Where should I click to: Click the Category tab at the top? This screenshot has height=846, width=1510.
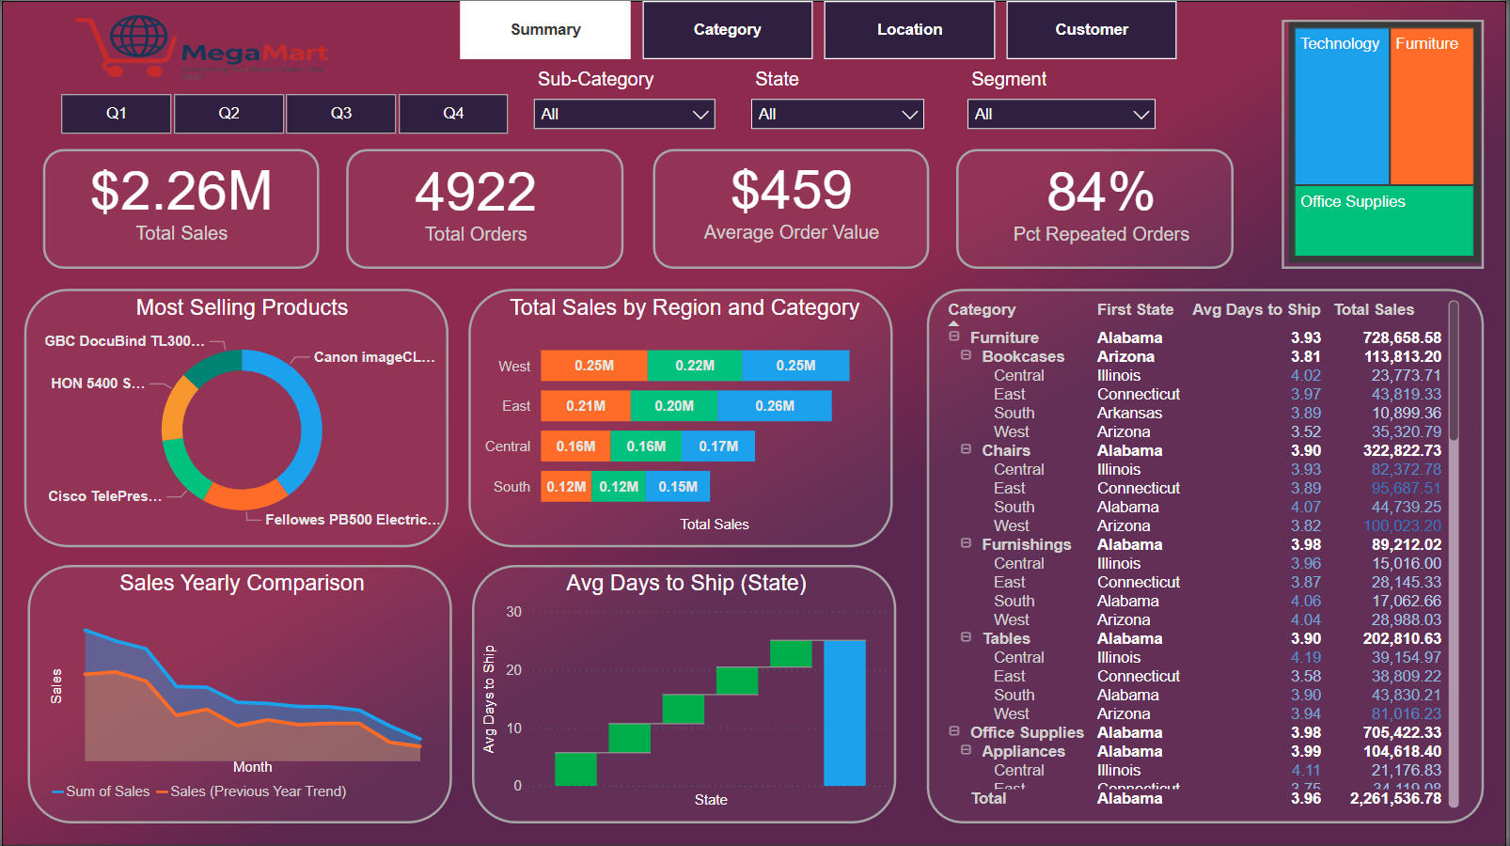click(x=727, y=30)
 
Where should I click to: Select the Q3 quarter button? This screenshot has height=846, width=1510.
click(x=340, y=114)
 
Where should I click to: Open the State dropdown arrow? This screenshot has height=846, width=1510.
click(x=909, y=115)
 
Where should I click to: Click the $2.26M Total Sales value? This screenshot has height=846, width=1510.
click(x=181, y=191)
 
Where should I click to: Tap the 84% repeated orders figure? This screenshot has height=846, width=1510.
click(x=1100, y=192)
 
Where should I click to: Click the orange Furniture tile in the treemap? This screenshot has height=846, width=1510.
click(x=1431, y=108)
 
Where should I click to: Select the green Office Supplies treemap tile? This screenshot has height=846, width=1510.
click(x=1383, y=221)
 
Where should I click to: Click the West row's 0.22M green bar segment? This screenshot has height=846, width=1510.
click(x=694, y=366)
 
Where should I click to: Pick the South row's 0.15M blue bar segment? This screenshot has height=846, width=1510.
click(x=678, y=487)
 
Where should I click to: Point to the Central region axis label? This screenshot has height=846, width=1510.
click(x=507, y=446)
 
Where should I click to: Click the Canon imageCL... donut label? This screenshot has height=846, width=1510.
click(x=374, y=357)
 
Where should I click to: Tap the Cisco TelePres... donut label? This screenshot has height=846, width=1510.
click(x=104, y=496)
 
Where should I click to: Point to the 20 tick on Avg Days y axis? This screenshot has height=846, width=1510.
click(x=513, y=670)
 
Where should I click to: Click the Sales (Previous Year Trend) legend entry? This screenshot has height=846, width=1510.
click(x=258, y=791)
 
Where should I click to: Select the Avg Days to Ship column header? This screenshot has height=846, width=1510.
click(x=1255, y=309)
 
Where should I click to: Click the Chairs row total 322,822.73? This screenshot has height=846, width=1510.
click(x=1401, y=450)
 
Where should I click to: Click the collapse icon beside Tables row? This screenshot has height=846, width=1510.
click(x=966, y=637)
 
